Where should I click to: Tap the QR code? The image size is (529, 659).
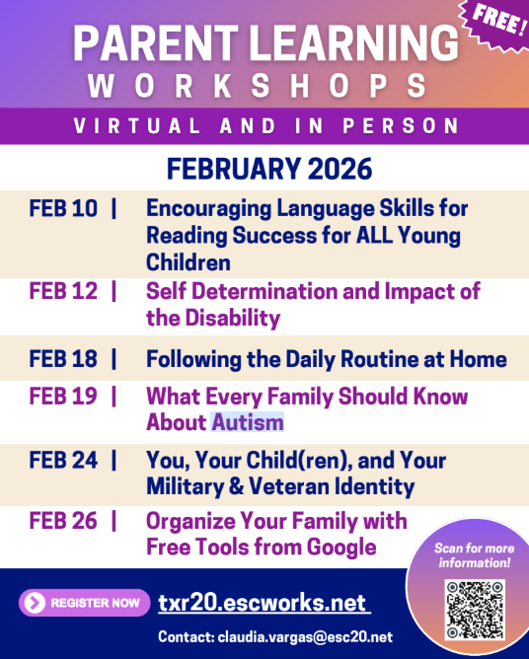point(475,611)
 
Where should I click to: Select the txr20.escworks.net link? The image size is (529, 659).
point(262,603)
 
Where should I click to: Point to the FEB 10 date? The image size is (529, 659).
point(63,208)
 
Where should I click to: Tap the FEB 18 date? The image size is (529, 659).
point(63,359)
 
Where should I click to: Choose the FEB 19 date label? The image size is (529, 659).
point(63,397)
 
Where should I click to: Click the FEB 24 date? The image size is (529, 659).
point(63,461)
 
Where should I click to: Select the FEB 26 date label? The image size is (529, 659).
point(63,521)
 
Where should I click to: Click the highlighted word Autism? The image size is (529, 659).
point(247,422)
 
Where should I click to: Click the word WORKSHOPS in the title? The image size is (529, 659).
point(258,86)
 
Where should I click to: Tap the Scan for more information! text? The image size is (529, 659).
point(475,555)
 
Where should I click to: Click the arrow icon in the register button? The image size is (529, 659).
point(36,602)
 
